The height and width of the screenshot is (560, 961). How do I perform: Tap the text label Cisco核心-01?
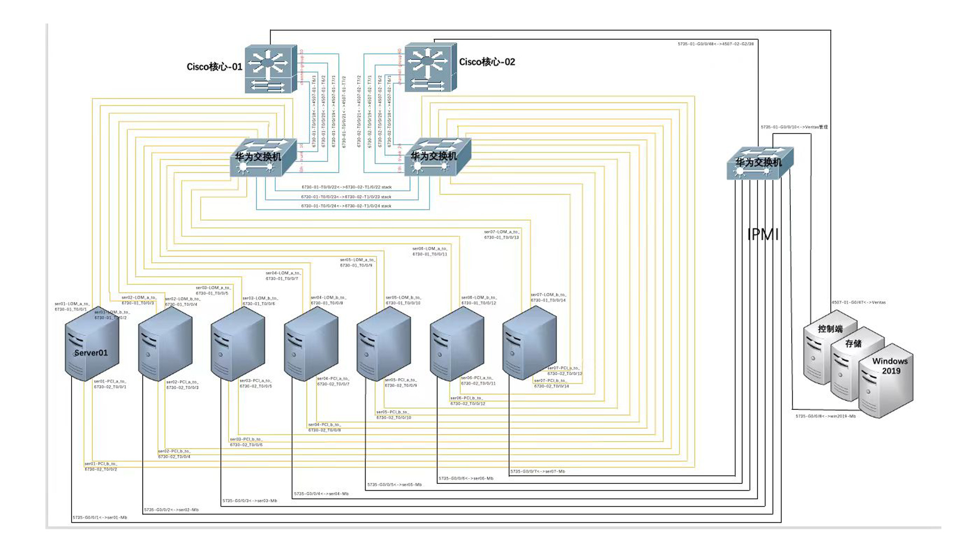(214, 67)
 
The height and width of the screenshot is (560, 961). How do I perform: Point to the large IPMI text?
(763, 235)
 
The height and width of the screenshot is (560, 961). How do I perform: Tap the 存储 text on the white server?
(854, 343)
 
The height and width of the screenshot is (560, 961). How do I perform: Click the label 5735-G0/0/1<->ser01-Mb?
(100, 517)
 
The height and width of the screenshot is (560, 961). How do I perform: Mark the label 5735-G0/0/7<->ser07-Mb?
(537, 472)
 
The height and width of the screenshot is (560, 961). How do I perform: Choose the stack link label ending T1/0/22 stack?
(346, 187)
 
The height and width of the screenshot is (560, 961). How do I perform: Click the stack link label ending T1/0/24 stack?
(346, 206)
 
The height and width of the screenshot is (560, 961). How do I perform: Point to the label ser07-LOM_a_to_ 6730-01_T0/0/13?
(501, 235)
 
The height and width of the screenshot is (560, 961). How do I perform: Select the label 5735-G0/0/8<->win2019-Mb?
(826, 416)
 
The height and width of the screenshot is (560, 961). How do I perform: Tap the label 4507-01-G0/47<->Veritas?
(859, 302)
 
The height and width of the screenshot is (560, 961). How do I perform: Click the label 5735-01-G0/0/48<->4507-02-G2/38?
(715, 44)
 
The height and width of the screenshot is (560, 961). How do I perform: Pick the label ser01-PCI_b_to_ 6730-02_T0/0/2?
(101, 466)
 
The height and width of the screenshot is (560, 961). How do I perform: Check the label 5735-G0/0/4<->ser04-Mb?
(321, 494)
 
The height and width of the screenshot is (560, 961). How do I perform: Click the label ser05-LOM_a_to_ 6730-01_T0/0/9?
(358, 263)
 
